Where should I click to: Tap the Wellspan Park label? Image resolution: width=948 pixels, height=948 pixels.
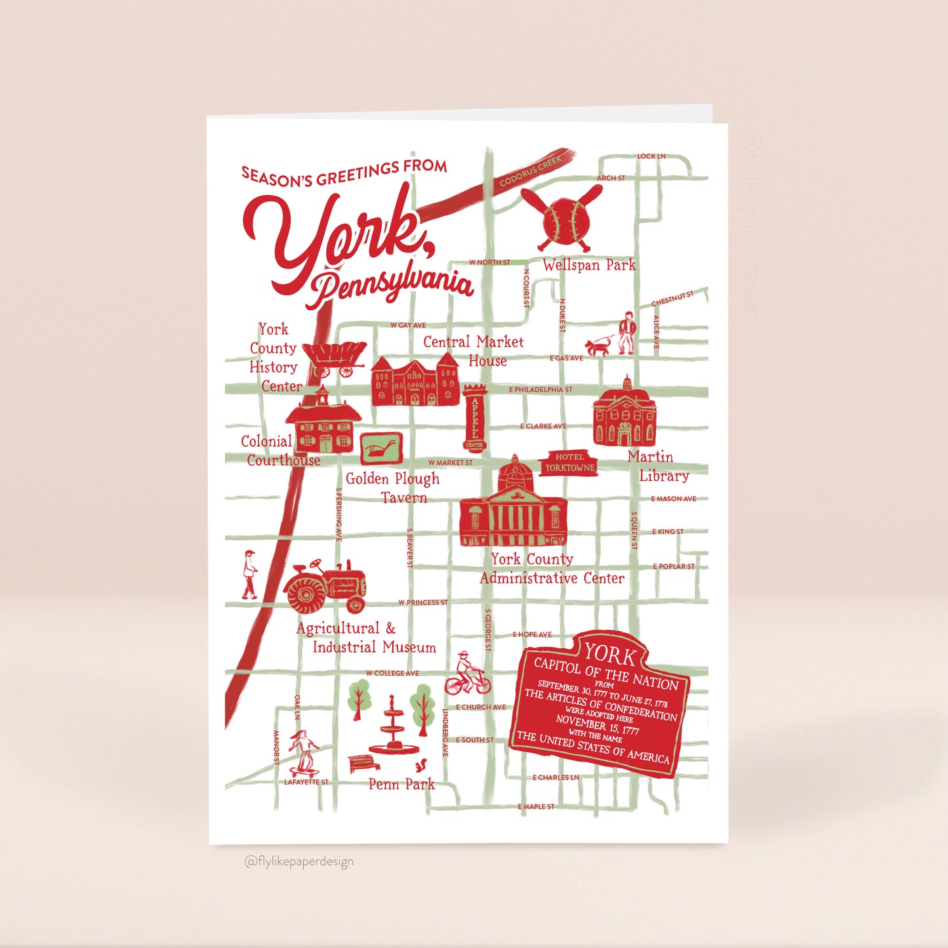(588, 265)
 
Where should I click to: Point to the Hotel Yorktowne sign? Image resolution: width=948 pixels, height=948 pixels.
(569, 463)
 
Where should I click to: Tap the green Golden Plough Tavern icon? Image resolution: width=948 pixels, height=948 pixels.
(381, 449)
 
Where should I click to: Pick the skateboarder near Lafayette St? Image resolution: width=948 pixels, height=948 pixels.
(303, 752)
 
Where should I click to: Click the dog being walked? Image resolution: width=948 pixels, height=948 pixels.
(598, 346)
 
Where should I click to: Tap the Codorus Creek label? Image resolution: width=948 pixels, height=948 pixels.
(531, 171)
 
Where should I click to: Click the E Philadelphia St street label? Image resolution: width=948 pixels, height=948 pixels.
(541, 390)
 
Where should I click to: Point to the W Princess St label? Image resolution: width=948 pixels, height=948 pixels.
(422, 602)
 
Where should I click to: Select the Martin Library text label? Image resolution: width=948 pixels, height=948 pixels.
(657, 466)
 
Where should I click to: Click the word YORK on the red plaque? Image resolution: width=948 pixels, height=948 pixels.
(610, 654)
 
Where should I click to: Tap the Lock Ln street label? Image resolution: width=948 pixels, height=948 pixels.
(651, 156)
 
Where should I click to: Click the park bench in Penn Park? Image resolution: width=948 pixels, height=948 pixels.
(363, 763)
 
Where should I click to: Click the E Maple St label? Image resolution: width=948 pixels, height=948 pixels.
(536, 806)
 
